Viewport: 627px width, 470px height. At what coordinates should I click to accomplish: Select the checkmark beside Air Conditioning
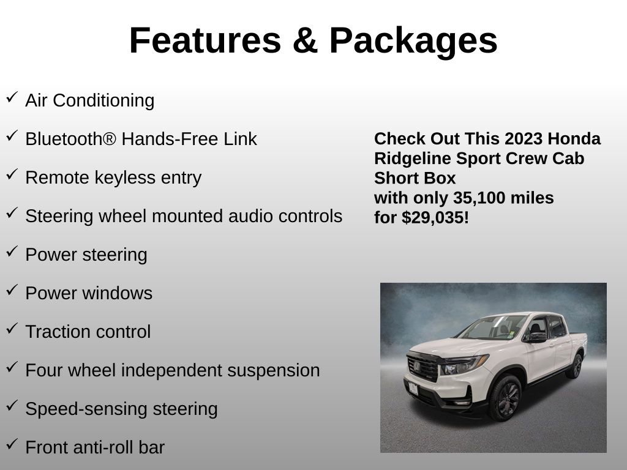click(12, 97)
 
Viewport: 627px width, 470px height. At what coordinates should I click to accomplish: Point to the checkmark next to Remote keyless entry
click(12, 174)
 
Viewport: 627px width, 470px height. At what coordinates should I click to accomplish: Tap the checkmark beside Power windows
click(12, 290)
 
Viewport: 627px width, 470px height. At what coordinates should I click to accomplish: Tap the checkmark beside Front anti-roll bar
click(12, 444)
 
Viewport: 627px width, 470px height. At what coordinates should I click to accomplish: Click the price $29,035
click(435, 217)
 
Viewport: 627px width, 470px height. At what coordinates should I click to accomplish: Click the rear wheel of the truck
click(575, 367)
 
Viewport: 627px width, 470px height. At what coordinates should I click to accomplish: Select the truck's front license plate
click(413, 388)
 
